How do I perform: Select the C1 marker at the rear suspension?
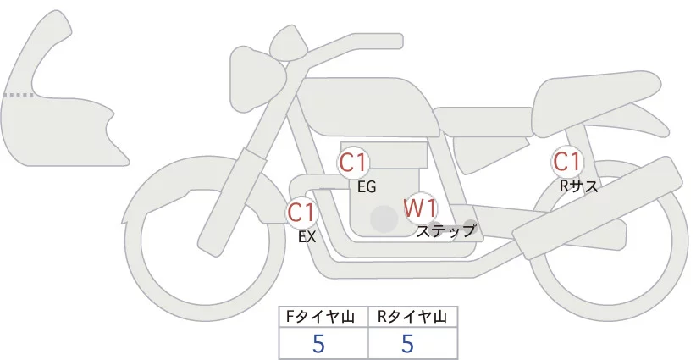(566, 161)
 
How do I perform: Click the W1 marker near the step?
(420, 207)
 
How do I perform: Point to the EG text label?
(367, 187)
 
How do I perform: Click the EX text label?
(307, 237)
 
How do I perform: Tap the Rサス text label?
(579, 186)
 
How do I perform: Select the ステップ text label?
(446, 230)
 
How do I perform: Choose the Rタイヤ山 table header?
(412, 317)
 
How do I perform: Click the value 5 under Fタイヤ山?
(318, 344)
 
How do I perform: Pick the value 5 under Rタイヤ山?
(407, 344)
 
